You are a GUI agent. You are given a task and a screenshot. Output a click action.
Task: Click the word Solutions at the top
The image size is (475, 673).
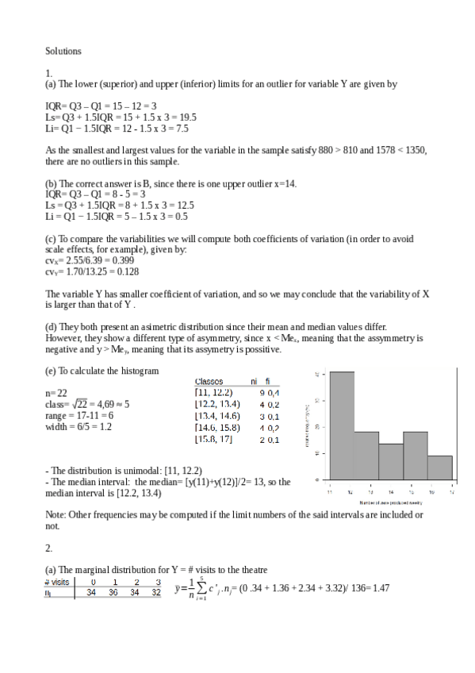pos(63,51)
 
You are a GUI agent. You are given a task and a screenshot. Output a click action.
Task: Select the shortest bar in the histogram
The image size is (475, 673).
pos(440,467)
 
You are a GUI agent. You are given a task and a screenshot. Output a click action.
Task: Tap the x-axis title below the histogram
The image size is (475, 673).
pos(390,502)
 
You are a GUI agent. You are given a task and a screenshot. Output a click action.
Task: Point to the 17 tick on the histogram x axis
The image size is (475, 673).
pos(451,492)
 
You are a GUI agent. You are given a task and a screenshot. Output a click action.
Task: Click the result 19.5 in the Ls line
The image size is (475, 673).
pos(186,117)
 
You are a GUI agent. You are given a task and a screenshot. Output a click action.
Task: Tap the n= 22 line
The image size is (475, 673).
pos(57,392)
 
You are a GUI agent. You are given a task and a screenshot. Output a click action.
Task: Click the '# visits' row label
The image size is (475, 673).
pos(57,582)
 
